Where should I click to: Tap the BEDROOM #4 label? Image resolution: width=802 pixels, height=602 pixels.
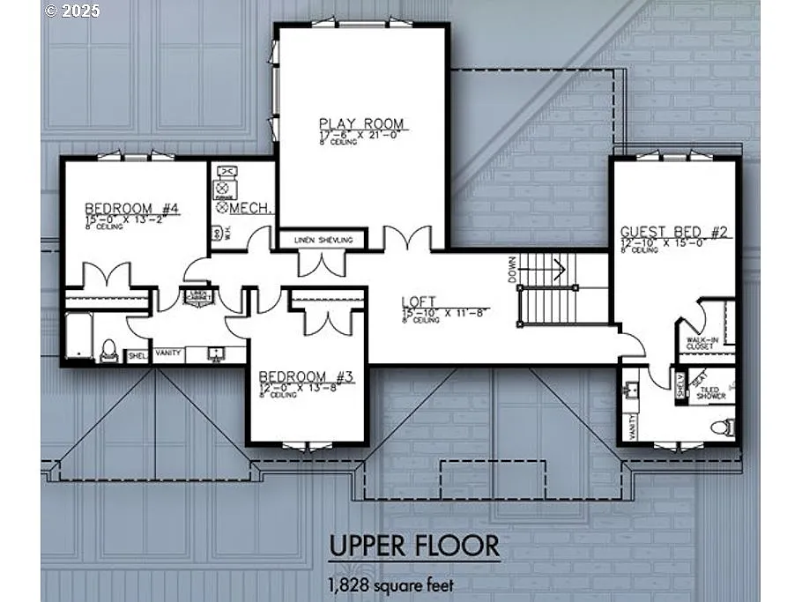tap(132, 208)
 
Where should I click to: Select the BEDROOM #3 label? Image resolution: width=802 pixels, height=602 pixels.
tap(306, 377)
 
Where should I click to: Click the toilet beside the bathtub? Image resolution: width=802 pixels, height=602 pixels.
tap(108, 351)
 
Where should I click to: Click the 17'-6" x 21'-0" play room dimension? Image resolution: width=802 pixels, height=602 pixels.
tap(360, 135)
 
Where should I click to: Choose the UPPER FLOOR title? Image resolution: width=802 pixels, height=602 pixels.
tap(413, 546)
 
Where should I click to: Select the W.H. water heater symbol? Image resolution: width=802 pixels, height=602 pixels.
tap(216, 234)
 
